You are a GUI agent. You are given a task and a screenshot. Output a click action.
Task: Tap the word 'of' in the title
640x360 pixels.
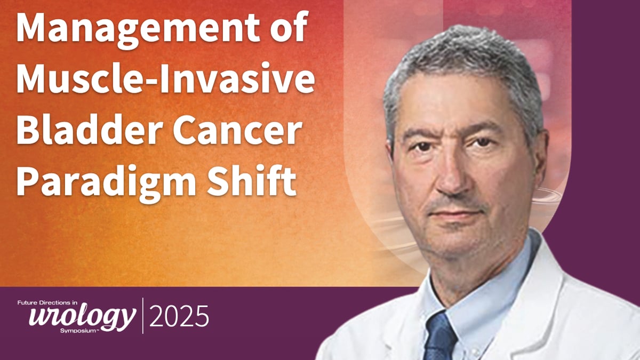click(289, 27)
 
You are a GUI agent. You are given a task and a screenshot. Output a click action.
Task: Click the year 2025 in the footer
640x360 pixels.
click(179, 316)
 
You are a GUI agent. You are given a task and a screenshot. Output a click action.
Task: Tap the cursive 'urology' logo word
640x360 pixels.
click(82, 317)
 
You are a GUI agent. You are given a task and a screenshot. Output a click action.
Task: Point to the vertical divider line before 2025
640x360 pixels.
click(143, 316)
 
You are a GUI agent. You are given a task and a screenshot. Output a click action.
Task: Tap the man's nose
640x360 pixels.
click(454, 178)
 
